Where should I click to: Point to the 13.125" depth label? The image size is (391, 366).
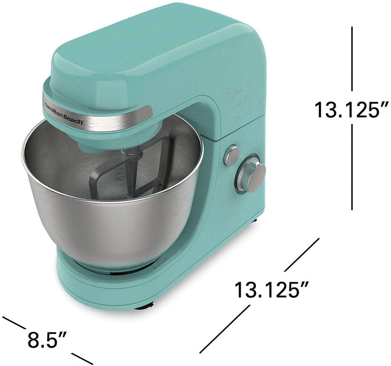[271, 289]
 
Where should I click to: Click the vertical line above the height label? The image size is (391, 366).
[352, 58]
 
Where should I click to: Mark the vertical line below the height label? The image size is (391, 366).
[352, 167]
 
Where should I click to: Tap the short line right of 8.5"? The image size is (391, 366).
[82, 358]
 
